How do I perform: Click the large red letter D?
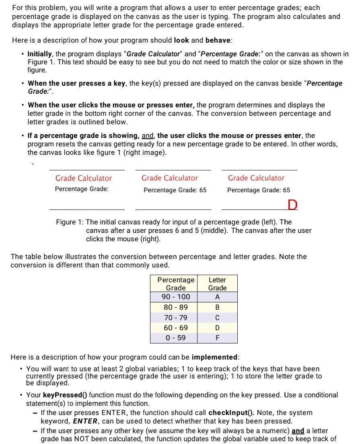coord(292,205)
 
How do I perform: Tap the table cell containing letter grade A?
coord(217,297)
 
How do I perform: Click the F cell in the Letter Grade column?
coord(217,337)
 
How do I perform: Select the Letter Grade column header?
coord(217,284)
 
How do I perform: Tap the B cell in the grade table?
coord(217,307)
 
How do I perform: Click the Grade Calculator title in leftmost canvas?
coord(83,178)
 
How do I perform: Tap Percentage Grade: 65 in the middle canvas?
coord(175,190)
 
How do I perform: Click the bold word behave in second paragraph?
coord(218,41)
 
